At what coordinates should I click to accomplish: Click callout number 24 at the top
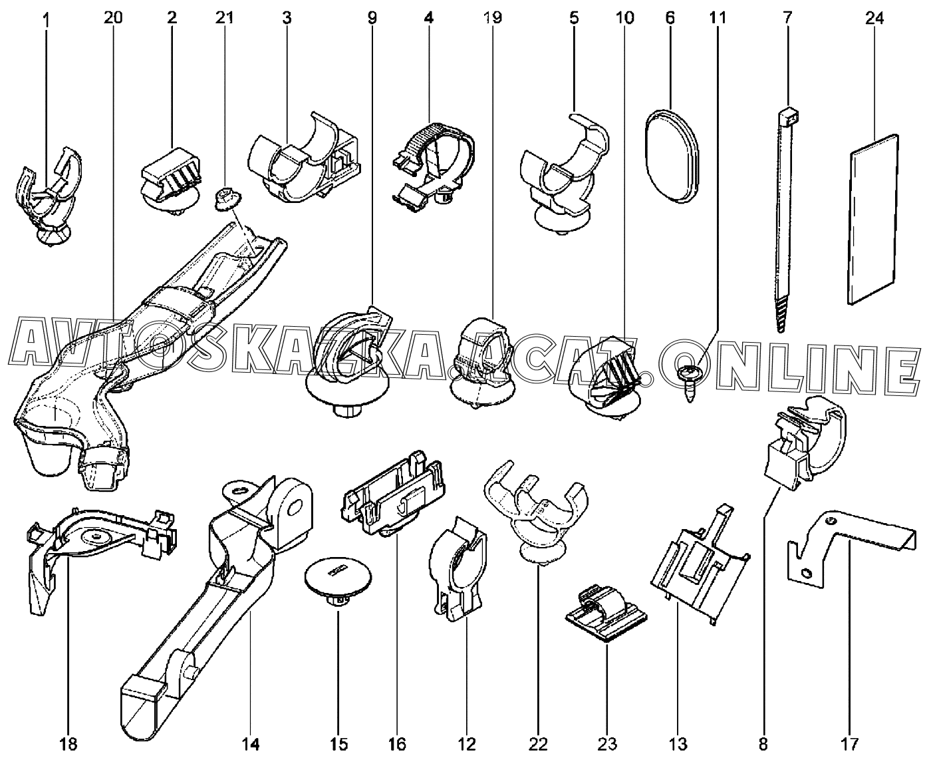pos(874,18)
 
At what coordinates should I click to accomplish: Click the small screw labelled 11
pos(688,381)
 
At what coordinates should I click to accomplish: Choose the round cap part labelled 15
pos(336,579)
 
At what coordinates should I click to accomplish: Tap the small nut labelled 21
pos(225,197)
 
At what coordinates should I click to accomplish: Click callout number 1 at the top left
pos(46,18)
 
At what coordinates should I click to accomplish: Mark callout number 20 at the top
pos(113,18)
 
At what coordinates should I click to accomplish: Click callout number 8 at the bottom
pos(763,743)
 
